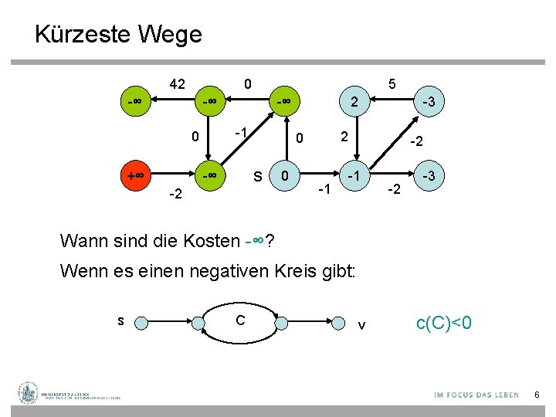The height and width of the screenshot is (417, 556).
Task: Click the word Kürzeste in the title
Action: (82, 35)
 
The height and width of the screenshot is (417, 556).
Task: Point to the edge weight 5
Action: (392, 83)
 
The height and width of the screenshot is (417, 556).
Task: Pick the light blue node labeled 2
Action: (354, 102)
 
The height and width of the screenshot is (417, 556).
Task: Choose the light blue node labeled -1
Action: (354, 176)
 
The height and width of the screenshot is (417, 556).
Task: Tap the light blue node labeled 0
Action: (286, 176)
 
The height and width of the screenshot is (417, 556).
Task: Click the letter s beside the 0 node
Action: (258, 177)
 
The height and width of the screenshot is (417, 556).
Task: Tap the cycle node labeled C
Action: (241, 319)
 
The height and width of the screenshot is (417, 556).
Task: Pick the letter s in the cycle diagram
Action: (120, 319)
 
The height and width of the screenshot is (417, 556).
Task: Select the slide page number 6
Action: (537, 395)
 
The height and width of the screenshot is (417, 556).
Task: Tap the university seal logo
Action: (29, 393)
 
